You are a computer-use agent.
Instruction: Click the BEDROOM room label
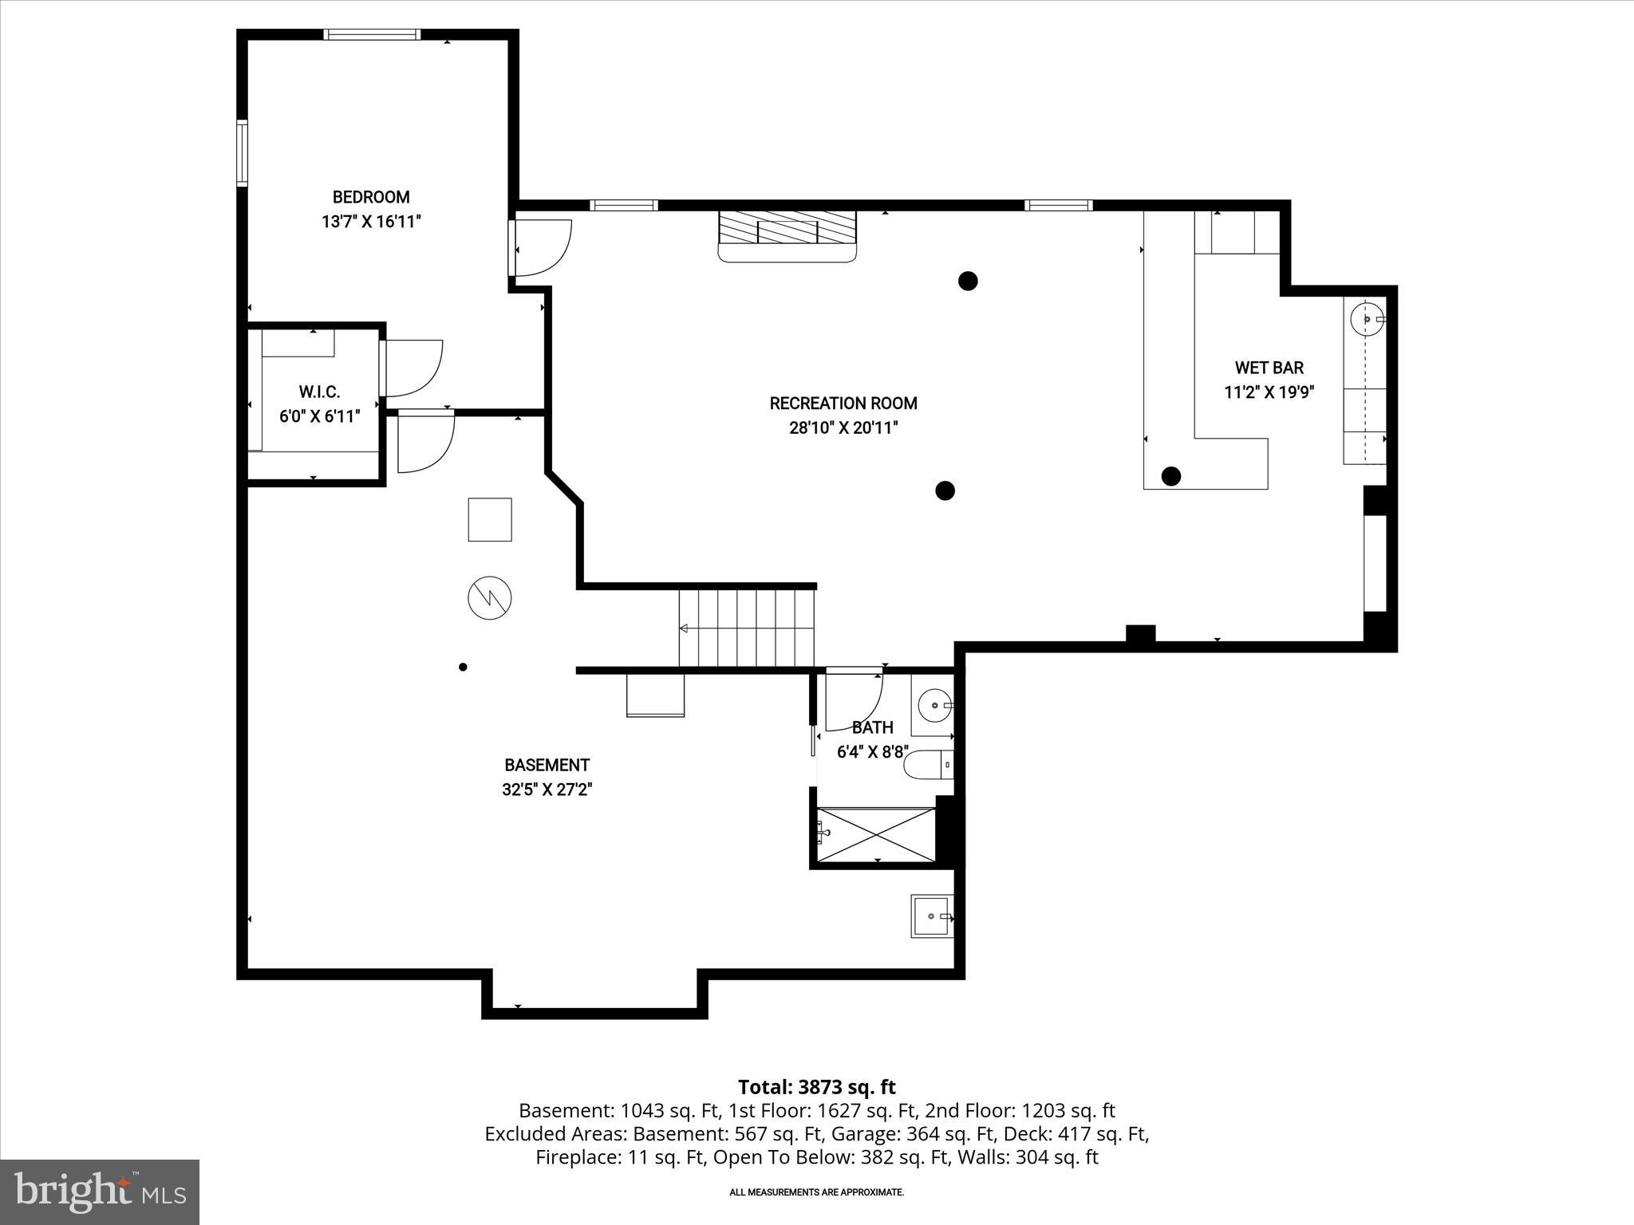point(371,197)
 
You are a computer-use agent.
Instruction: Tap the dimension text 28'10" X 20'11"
point(843,428)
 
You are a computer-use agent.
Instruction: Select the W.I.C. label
point(319,392)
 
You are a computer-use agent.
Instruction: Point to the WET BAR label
point(1269,368)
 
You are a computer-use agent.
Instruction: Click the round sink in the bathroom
point(933,706)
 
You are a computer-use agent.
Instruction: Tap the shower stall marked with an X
point(876,834)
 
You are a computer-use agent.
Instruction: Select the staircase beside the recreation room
point(747,628)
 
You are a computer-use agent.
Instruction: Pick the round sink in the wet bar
point(1366,319)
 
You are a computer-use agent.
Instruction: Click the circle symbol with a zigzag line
point(489,597)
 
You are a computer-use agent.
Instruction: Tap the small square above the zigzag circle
point(489,519)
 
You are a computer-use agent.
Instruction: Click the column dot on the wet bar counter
point(1170,476)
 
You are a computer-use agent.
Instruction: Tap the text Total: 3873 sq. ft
point(816,1087)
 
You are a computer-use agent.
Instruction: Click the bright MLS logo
point(100,1192)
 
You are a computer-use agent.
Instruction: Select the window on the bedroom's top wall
point(372,34)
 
